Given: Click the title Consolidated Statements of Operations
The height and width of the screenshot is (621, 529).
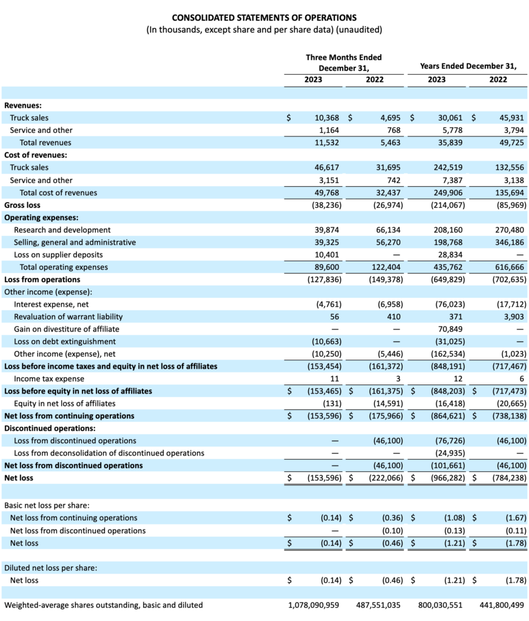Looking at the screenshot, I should click(x=264, y=18).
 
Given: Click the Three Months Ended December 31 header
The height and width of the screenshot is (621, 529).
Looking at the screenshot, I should click(x=343, y=62).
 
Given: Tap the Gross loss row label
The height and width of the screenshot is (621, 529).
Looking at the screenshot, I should click(x=22, y=205).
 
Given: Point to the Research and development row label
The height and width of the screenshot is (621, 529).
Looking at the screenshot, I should click(x=62, y=230).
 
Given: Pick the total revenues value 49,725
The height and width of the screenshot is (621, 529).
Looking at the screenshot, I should click(x=510, y=143).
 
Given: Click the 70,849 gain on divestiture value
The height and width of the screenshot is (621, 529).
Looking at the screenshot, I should click(x=450, y=329).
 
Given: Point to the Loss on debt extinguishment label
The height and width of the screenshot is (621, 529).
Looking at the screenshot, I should click(x=65, y=341).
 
